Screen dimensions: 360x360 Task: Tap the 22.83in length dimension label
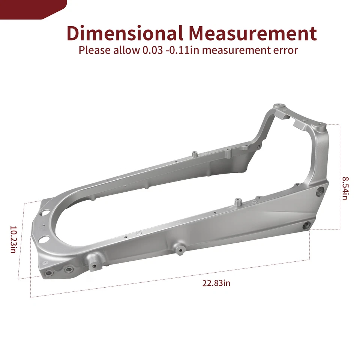[216, 283]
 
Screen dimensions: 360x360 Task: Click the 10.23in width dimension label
[13, 239]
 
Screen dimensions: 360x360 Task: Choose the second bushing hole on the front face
[68, 270]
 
